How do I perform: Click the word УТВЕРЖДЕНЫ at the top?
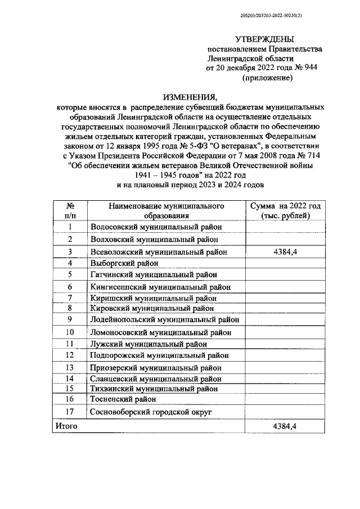point(264,39)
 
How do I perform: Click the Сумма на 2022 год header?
point(286,211)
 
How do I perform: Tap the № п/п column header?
point(70,211)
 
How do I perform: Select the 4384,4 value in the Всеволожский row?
point(285,253)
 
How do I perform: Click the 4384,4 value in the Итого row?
point(285,427)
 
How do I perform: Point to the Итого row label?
point(66,427)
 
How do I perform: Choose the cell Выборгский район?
point(124,263)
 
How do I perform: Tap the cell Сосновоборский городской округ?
point(151,412)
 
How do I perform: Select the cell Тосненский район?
point(123,399)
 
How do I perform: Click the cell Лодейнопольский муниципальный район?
point(165,319)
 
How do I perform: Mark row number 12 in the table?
point(70,355)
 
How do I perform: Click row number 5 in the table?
point(70,274)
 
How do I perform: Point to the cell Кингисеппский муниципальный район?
point(160,287)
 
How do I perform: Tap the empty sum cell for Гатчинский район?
point(285,274)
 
